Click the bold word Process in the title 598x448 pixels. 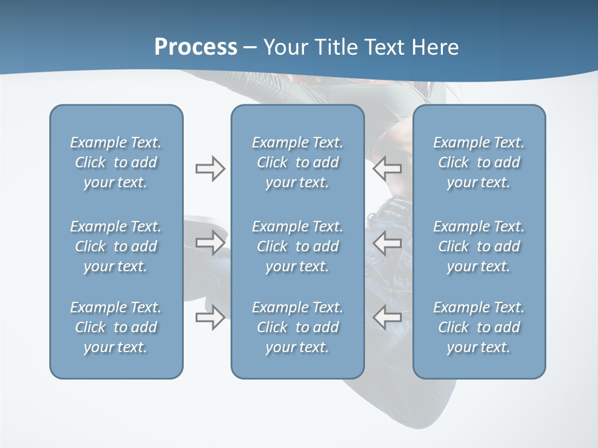[x=196, y=47]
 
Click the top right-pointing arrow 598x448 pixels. [x=210, y=169]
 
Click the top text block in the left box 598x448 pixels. [x=116, y=162]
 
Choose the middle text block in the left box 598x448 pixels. [x=116, y=246]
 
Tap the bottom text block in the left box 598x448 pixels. [x=116, y=327]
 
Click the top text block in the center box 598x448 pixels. [x=297, y=162]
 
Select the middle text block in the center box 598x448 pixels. [x=297, y=246]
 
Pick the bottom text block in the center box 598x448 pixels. [x=297, y=327]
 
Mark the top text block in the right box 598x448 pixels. [x=478, y=162]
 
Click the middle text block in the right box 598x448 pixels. [x=478, y=246]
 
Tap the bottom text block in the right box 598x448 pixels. [x=478, y=327]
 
